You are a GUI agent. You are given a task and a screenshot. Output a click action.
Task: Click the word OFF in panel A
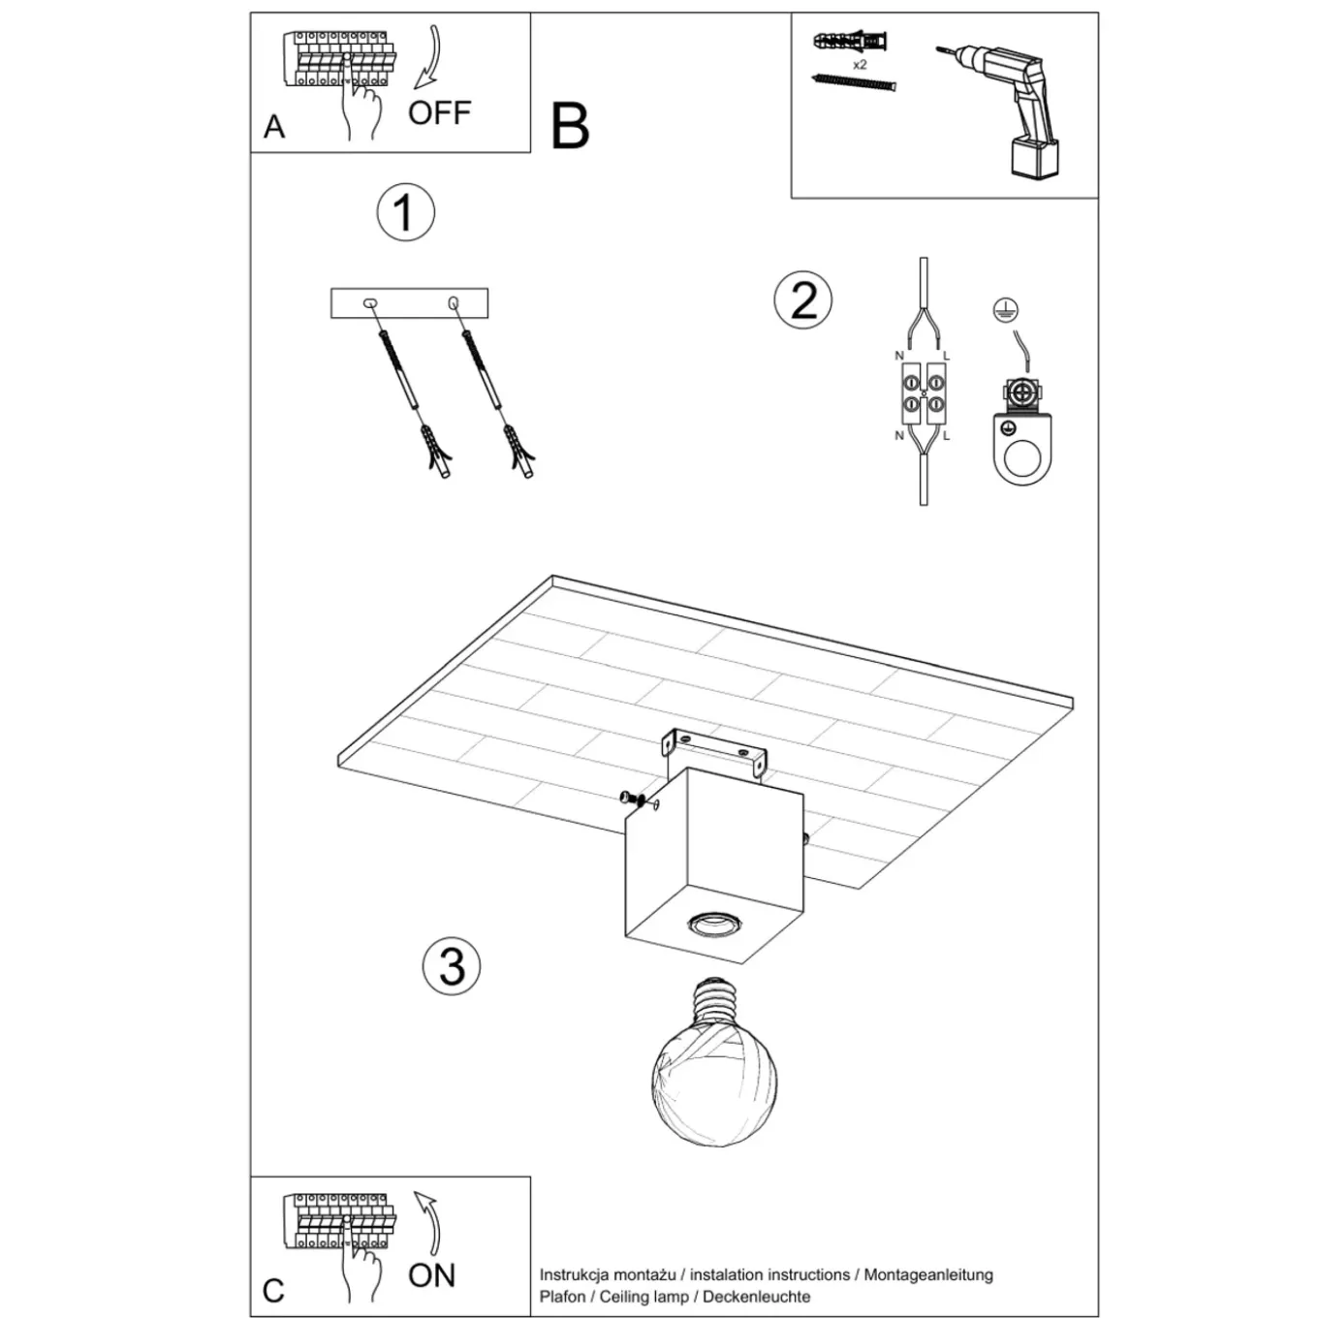439,112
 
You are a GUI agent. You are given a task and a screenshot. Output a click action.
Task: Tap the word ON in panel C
431,1275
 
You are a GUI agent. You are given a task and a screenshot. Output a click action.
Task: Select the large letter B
570,127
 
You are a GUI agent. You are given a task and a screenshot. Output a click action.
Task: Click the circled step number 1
406,212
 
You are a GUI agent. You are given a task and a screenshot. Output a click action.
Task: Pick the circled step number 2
803,299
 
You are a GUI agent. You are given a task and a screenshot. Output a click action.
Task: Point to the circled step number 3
452,966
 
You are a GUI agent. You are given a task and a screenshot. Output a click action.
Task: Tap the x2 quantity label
860,65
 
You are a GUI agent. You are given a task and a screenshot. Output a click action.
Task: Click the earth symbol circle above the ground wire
1004,310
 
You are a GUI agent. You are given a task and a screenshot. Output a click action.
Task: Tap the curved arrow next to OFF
429,58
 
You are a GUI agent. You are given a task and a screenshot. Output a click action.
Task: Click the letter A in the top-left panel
274,127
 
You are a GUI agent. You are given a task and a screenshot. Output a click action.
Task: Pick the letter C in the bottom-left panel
273,1291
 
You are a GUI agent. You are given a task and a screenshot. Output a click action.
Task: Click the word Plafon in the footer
562,1297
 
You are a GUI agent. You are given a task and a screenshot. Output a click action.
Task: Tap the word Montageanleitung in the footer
928,1275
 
